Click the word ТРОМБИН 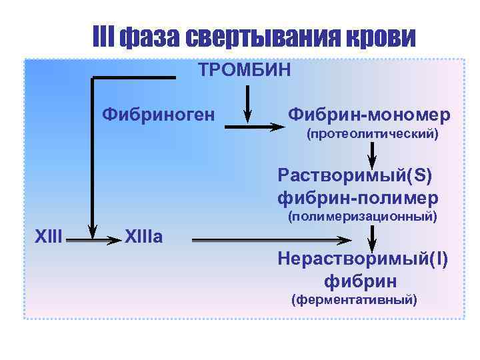click(x=244, y=70)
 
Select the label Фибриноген click(x=158, y=115)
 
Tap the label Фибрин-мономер click(x=369, y=115)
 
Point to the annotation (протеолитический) click(x=372, y=135)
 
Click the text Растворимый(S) click(x=355, y=176)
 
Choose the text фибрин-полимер click(x=358, y=198)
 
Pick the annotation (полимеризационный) click(x=362, y=217)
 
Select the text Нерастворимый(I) click(x=363, y=259)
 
